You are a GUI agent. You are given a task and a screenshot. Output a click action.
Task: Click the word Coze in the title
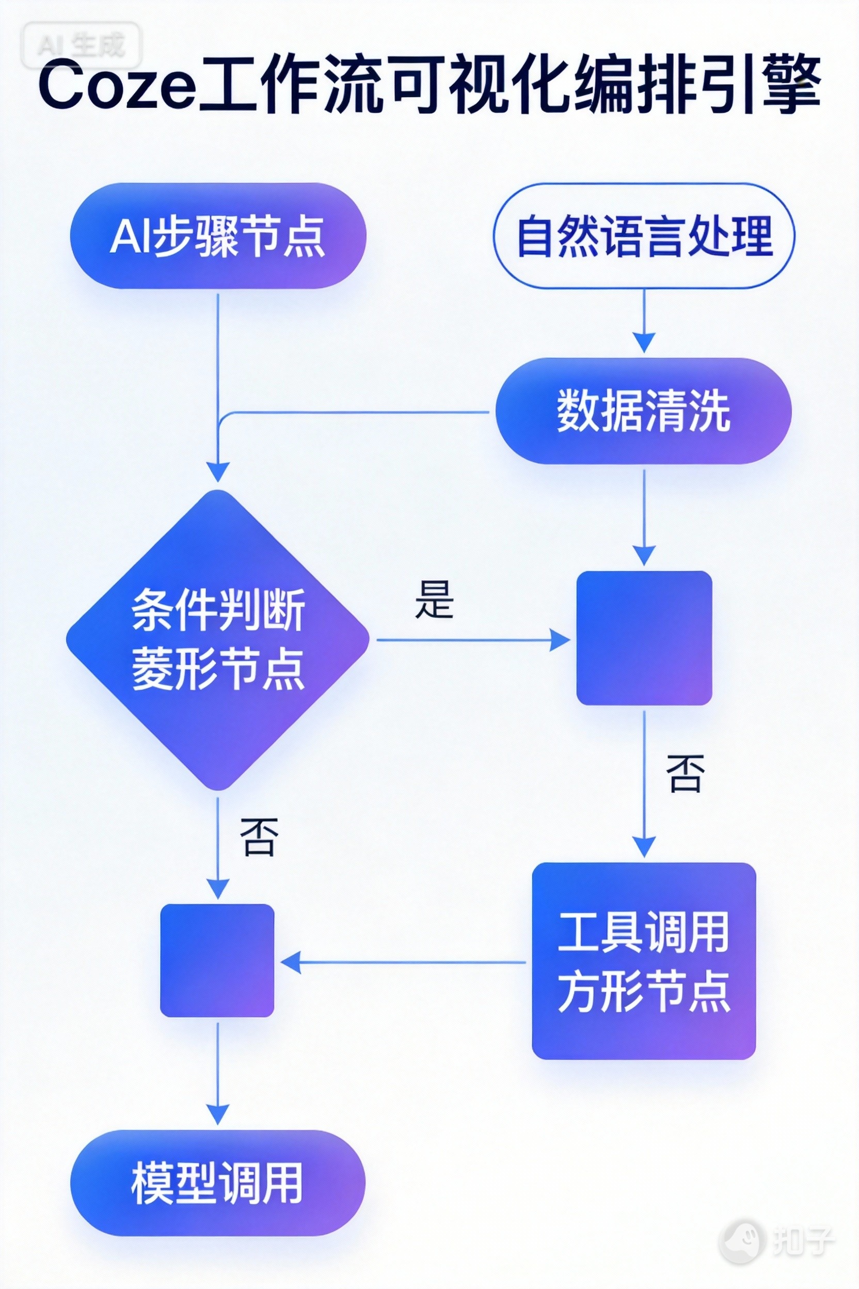pos(117,87)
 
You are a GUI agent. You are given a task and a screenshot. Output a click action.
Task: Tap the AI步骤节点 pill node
pos(218,235)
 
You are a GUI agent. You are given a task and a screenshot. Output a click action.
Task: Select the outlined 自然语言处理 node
pos(644,235)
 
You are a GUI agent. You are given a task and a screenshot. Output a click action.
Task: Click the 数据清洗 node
pos(644,411)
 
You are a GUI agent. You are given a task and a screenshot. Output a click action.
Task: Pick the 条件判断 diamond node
pos(218,639)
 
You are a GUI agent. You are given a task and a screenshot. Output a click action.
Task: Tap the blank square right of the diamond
pos(644,638)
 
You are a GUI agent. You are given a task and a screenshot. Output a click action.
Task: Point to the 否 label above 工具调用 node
pos(686,773)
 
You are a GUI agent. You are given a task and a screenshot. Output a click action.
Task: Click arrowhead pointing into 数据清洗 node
pos(644,342)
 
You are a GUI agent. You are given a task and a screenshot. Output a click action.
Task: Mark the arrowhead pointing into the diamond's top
pos(218,471)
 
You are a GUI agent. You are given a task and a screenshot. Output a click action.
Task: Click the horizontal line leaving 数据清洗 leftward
pos(356,412)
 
